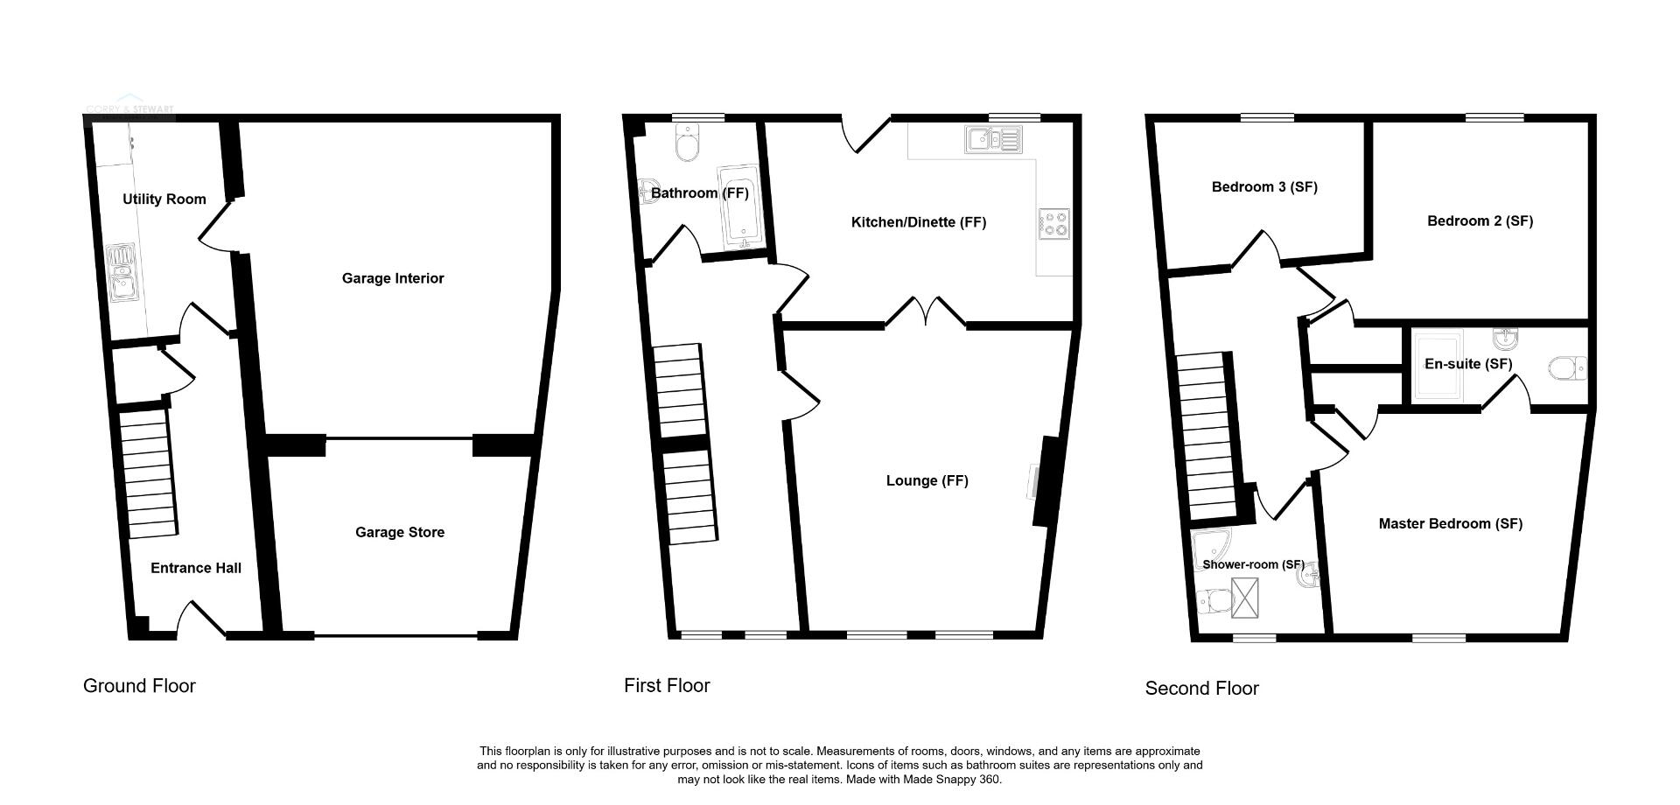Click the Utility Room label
coord(164,199)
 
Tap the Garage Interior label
coord(393,278)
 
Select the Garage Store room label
coord(400,532)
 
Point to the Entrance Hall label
coord(196,568)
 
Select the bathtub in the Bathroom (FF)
coord(741,206)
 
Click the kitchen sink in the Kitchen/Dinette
coord(993,140)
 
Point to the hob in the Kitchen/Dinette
coord(1053,224)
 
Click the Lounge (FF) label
coord(927,480)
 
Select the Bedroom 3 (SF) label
coord(1264,186)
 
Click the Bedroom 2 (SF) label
coord(1480,220)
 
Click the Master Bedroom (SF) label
coord(1451,523)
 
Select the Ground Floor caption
coord(139,686)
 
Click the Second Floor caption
coord(1202,689)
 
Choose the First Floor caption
coord(667,686)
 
